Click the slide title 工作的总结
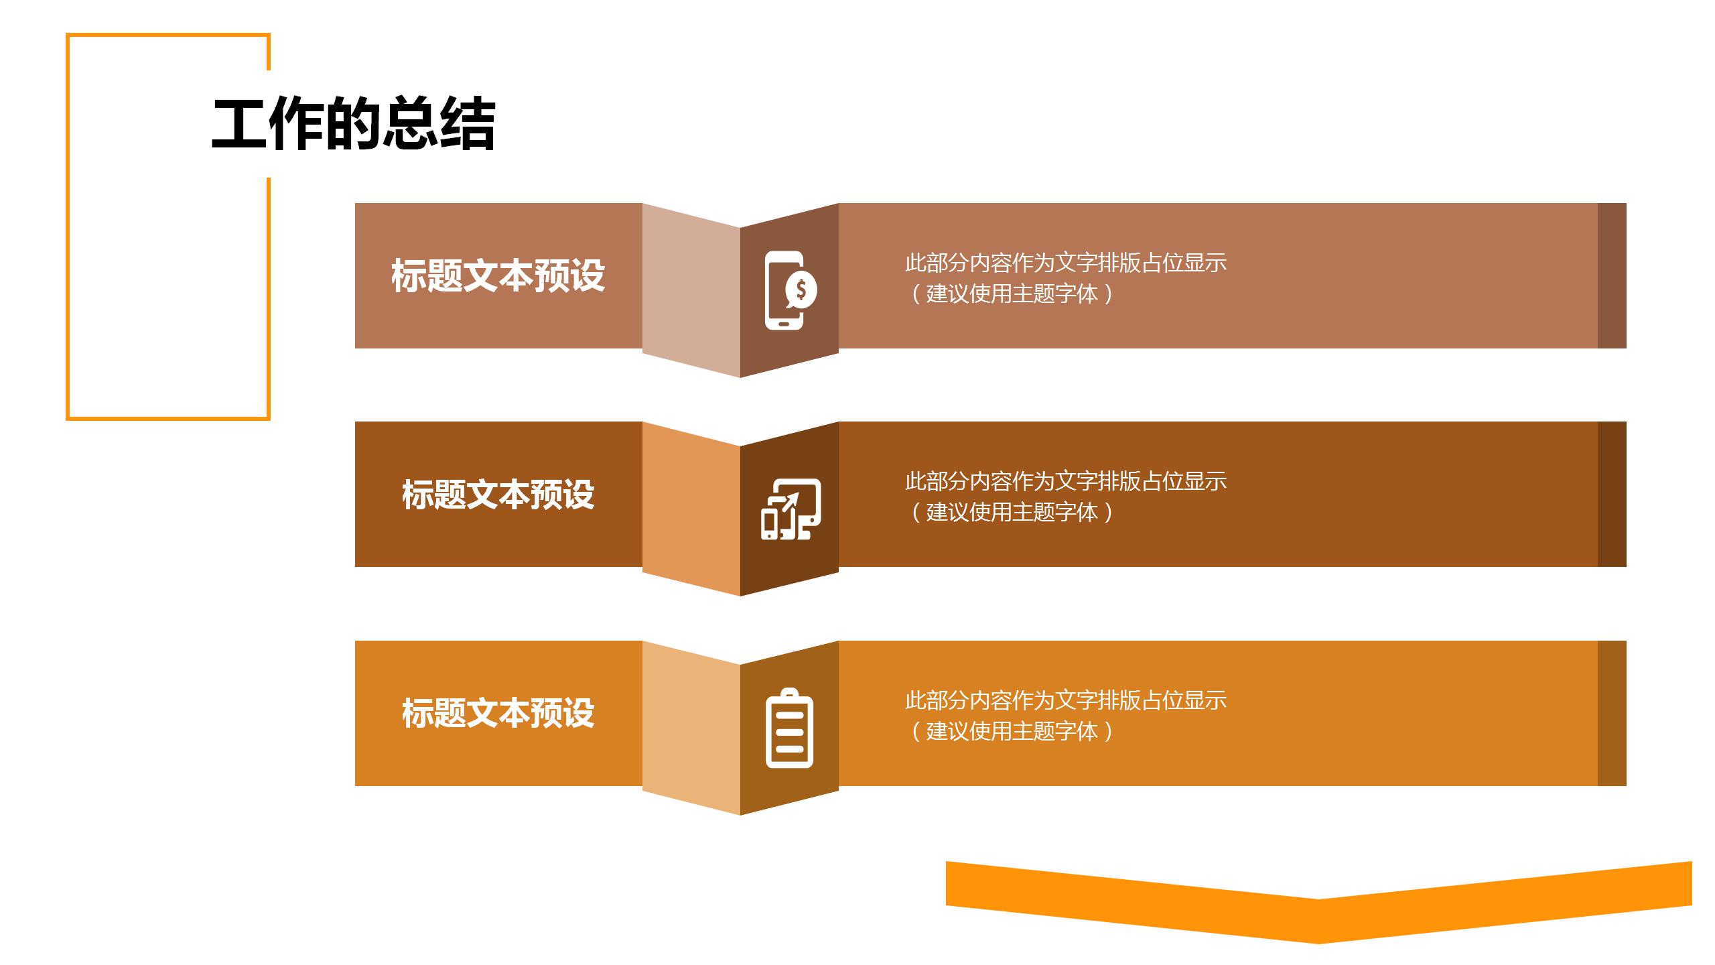coord(353,125)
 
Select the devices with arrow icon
coord(791,509)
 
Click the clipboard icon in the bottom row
coord(789,728)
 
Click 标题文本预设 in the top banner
coord(498,275)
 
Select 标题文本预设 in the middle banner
coord(498,495)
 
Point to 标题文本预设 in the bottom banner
coord(498,713)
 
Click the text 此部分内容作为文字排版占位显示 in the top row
coord(1065,263)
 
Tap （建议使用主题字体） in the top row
coord(1012,294)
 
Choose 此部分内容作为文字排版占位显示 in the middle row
coord(1065,481)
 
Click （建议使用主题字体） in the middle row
coord(1012,512)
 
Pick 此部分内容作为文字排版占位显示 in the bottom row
coord(1065,700)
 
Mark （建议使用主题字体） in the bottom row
coord(1012,731)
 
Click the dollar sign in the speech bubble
coord(801,289)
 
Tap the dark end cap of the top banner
coord(1612,275)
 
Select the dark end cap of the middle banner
coord(1612,495)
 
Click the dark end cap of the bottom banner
coord(1612,713)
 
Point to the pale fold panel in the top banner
coord(691,288)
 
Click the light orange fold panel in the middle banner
coord(691,507)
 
